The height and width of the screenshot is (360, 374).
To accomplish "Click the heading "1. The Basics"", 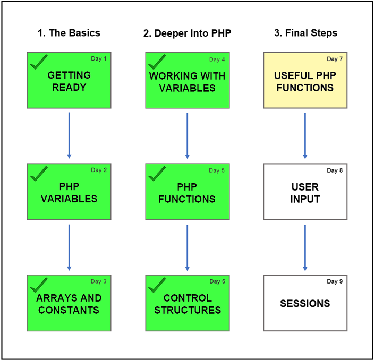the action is (69, 33).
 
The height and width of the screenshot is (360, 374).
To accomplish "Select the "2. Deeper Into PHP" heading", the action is (187, 33).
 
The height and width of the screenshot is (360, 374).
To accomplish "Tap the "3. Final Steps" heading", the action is (306, 33).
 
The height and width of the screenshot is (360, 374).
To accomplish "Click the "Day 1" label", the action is (99, 58).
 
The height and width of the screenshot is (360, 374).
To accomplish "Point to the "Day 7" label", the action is (335, 59).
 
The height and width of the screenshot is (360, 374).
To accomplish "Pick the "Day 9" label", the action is (335, 281).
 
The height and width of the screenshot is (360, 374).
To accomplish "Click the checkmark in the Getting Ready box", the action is (39, 62).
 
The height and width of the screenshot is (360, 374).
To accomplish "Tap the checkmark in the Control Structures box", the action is (157, 285).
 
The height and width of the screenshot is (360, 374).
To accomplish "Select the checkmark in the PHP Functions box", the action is (157, 173).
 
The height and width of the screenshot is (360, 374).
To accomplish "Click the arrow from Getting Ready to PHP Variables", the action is (69, 135).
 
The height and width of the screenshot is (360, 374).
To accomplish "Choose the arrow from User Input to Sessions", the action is (305, 248).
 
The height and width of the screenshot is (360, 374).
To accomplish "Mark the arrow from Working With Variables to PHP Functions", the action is (187, 135).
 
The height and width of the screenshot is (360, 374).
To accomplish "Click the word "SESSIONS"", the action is (305, 304).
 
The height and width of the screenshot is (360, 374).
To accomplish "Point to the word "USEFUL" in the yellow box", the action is (290, 75).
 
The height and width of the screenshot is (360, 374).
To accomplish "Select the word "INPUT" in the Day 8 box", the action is (305, 199).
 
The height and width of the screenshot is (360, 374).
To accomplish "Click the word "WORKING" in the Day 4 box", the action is (170, 76).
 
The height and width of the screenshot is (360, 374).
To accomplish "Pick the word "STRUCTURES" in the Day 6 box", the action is (188, 310).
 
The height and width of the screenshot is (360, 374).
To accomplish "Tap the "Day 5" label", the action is (217, 170).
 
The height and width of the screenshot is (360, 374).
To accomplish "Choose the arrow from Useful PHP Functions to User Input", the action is (305, 135).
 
